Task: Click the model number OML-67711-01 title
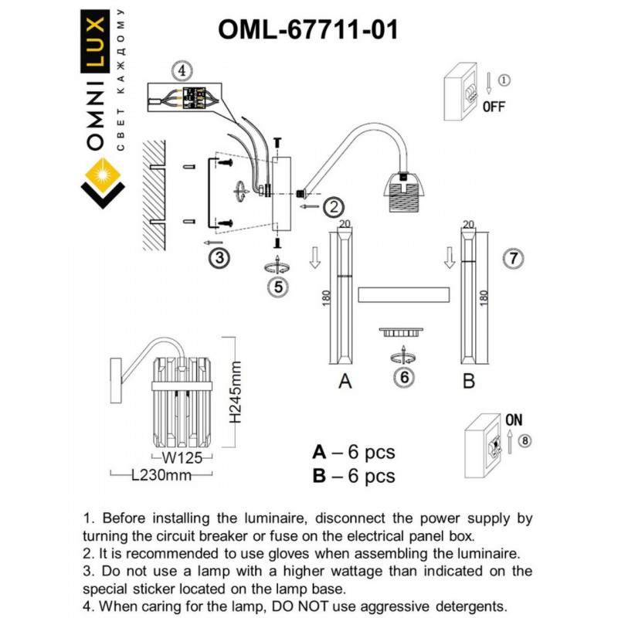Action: pos(309,29)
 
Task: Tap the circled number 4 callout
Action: pos(179,70)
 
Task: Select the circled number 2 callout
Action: pos(333,207)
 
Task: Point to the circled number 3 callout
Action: pos(220,258)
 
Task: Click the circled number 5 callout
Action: pos(277,287)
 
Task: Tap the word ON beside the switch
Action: pos(513,420)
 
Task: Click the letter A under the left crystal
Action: pos(345,382)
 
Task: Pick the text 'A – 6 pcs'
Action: pos(353,453)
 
